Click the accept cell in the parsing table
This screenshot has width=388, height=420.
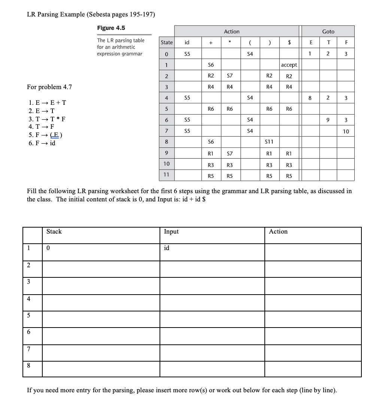[289, 65]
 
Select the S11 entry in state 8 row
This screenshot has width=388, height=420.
[269, 142]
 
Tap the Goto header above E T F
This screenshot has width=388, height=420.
[328, 31]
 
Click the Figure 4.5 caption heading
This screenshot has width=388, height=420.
[111, 28]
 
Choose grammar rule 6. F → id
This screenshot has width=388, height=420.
[42, 143]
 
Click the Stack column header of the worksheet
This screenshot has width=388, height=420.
[54, 232]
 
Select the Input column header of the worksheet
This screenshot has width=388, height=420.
[171, 232]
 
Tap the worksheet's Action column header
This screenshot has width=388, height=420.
[278, 232]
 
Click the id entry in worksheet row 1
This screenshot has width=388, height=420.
[167, 248]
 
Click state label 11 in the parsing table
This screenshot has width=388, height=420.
[167, 175]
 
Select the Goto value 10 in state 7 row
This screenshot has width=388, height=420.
[346, 131]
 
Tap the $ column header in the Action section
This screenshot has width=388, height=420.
[289, 43]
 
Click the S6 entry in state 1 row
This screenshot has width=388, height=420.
[211, 65]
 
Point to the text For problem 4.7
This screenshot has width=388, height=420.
[49, 87]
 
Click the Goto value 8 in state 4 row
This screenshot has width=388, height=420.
[310, 98]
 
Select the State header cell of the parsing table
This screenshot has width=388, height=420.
[167, 43]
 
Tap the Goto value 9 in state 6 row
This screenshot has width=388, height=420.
[328, 120]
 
